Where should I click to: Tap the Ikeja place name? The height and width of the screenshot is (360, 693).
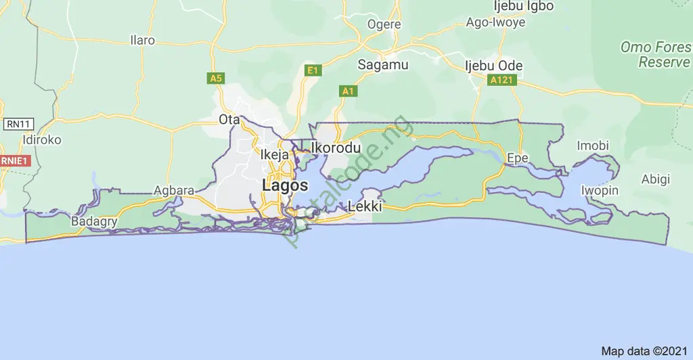pos(275,155)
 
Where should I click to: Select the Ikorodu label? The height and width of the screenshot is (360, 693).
pos(336,148)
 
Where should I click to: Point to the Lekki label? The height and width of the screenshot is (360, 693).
pos(365,206)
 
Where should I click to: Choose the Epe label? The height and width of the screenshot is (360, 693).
pos(518,158)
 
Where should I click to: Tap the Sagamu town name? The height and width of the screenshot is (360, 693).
pos(383,65)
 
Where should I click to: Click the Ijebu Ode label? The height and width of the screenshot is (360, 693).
pos(489,66)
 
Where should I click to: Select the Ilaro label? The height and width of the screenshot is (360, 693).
pos(142,40)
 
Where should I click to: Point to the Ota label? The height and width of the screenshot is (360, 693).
pos(226,120)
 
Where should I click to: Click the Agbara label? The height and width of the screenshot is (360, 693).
pos(175,190)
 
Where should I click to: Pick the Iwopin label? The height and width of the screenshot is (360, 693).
pos(600,190)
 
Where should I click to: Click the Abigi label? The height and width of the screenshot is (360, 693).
pos(656,179)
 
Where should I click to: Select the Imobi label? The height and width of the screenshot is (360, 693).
pos(593,145)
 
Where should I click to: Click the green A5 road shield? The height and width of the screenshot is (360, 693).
pos(215,78)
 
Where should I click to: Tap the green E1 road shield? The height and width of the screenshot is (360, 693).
pos(312,70)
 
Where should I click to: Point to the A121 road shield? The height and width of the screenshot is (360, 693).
pos(501,80)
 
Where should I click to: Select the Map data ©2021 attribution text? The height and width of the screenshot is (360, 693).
pos(644,351)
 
